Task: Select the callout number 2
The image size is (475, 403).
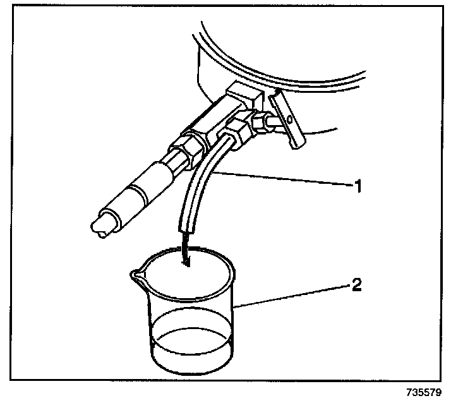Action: tap(356, 285)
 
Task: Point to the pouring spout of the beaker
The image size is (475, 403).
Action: tap(135, 275)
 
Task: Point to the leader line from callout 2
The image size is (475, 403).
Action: tap(291, 297)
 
